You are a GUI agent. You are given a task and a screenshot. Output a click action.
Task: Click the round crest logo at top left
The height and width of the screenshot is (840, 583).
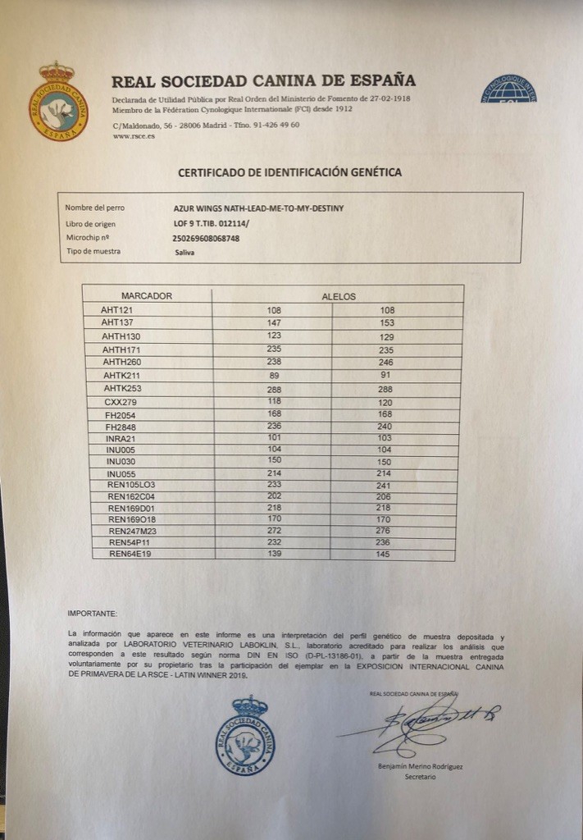pos(58,102)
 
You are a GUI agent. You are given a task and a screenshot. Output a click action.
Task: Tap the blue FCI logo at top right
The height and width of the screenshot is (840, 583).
pos(508,89)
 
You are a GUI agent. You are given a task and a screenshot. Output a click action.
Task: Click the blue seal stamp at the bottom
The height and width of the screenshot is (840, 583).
pos(245,735)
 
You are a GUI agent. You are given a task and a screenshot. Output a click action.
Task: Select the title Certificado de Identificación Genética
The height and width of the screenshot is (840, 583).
pos(290,172)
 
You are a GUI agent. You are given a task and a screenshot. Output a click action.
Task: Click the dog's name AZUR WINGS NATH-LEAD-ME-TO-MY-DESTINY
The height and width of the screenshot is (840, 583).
pos(258,208)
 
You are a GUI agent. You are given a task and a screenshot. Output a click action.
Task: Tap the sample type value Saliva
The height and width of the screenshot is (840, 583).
pos(185,252)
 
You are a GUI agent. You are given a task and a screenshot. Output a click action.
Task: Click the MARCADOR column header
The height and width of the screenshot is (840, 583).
pos(147,295)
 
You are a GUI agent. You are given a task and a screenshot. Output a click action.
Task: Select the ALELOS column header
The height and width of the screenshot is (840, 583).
pos(338,296)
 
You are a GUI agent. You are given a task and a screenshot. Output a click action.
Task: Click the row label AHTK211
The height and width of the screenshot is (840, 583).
pos(122,374)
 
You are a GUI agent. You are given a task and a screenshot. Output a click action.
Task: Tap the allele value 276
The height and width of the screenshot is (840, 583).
pos(392,532)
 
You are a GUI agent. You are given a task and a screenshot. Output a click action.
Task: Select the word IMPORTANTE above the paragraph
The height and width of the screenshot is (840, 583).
pos(93,613)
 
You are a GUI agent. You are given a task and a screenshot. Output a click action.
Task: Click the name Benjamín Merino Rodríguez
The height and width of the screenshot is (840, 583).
pos(421,766)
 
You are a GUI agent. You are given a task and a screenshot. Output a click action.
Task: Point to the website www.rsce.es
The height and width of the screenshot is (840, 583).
pos(134,136)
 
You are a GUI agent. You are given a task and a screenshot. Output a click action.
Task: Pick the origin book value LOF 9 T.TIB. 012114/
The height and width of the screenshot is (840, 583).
pos(210,223)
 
